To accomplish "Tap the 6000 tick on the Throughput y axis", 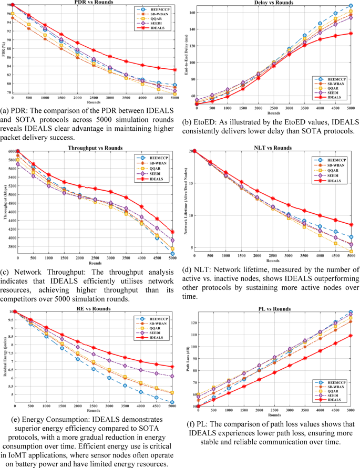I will point(11,152).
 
